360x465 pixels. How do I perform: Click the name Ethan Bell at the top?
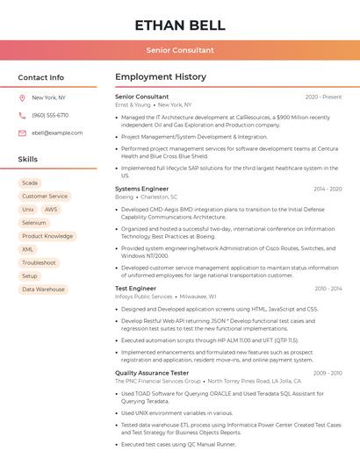180,25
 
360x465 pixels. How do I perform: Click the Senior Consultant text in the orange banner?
180,50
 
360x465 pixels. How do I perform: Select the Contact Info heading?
41,77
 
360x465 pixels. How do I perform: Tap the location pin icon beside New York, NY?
22,97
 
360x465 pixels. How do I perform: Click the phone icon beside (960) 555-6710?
22,115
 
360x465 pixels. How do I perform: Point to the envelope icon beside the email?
22,133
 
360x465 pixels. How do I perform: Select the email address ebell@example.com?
57,133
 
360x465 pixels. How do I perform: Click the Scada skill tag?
30,182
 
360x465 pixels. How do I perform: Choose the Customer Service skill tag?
45,197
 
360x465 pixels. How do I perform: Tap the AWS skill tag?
51,210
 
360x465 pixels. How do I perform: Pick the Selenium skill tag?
34,223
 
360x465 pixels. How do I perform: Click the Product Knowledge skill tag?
47,236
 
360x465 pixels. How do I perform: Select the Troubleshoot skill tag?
40,262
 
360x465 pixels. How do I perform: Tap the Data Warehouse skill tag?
43,289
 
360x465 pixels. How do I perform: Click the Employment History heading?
161,77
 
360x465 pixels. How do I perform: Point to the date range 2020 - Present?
323,97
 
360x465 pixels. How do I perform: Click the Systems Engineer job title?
141,189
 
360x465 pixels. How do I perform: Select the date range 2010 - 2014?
328,289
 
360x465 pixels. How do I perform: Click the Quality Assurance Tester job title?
152,373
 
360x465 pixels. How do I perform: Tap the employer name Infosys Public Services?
144,297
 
